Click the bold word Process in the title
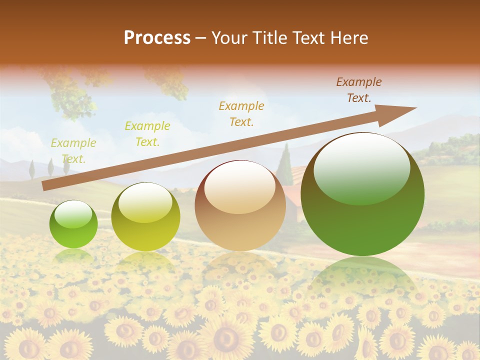pyautogui.click(x=157, y=38)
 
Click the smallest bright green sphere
pyautogui.click(x=73, y=224)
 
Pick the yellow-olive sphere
pyautogui.click(x=145, y=217)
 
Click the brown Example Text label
pyautogui.click(x=358, y=90)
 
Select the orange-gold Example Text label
pyautogui.click(x=241, y=113)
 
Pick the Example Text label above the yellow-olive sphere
pyautogui.click(x=147, y=134)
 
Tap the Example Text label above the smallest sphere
pyautogui.click(x=73, y=151)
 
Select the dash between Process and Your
pyautogui.click(x=200, y=38)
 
